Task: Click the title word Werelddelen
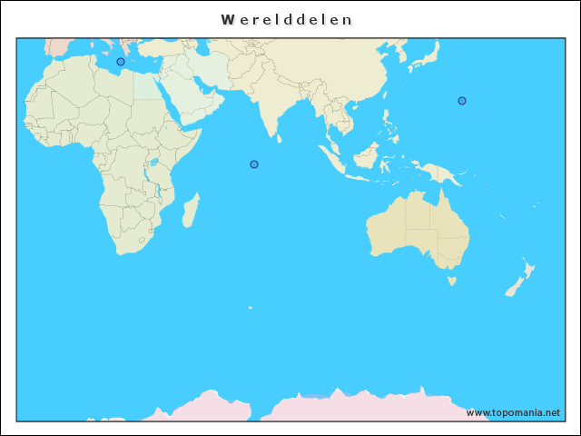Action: click(x=287, y=19)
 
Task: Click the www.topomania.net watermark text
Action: click(x=513, y=412)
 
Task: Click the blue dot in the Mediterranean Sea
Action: click(x=121, y=62)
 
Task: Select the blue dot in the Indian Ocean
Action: click(x=254, y=164)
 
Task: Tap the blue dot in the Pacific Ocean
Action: click(x=462, y=101)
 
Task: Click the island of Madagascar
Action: click(x=191, y=212)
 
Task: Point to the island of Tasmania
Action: click(x=451, y=282)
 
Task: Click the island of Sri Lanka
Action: click(x=279, y=139)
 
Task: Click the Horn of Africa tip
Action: click(x=198, y=130)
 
